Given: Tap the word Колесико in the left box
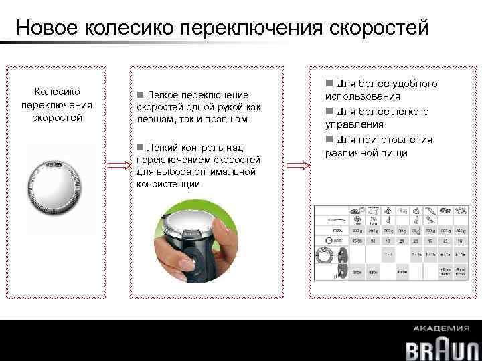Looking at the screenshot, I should (57, 91).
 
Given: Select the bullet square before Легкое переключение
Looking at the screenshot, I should (139, 94).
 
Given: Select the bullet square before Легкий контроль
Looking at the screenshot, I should (139, 148).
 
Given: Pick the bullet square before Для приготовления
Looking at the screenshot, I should (329, 139).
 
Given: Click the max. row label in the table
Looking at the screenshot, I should (329, 229).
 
